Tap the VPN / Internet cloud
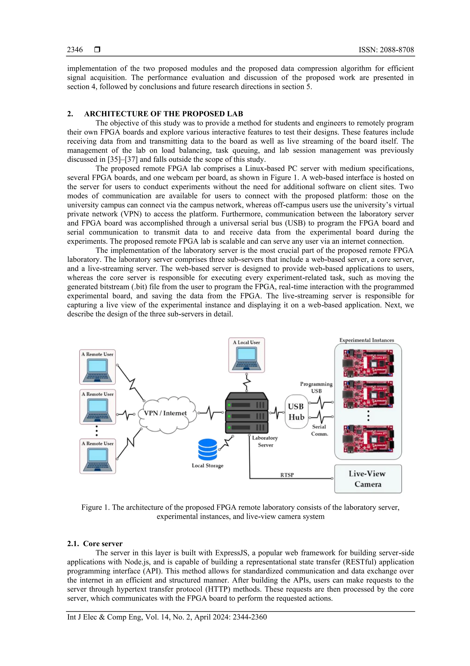point(166,413)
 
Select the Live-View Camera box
point(368,479)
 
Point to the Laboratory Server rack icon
point(247,413)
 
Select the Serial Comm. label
point(319,430)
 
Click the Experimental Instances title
point(367,340)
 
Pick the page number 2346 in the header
point(75,50)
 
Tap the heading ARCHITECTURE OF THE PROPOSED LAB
point(163,114)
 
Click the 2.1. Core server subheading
point(95,544)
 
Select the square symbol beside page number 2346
point(97,50)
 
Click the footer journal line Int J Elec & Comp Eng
point(167,617)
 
